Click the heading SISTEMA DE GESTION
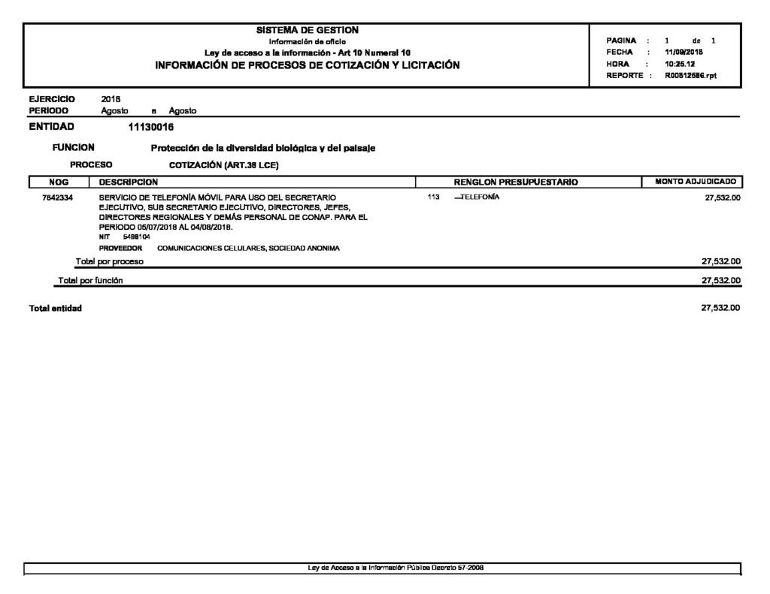pos(308,30)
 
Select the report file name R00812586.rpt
pos(691,76)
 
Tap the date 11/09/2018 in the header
pos(684,53)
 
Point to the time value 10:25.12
pos(681,64)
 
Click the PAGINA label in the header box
pos(621,41)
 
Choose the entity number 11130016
pos(151,126)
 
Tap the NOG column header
pos(58,182)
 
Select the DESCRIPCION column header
pos(129,182)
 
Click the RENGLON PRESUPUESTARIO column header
pos(516,182)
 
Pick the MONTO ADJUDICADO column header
pos(696,182)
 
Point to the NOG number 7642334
pos(58,197)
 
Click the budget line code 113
pos(432,197)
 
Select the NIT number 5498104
pos(136,237)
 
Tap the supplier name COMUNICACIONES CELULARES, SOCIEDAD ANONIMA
pos(248,247)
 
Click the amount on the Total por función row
pos(720,281)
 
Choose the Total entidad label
pos(55,309)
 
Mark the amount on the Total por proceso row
pos(720,261)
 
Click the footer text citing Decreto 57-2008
pos(396,568)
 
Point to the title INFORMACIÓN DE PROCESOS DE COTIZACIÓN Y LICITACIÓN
pos(307,65)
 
